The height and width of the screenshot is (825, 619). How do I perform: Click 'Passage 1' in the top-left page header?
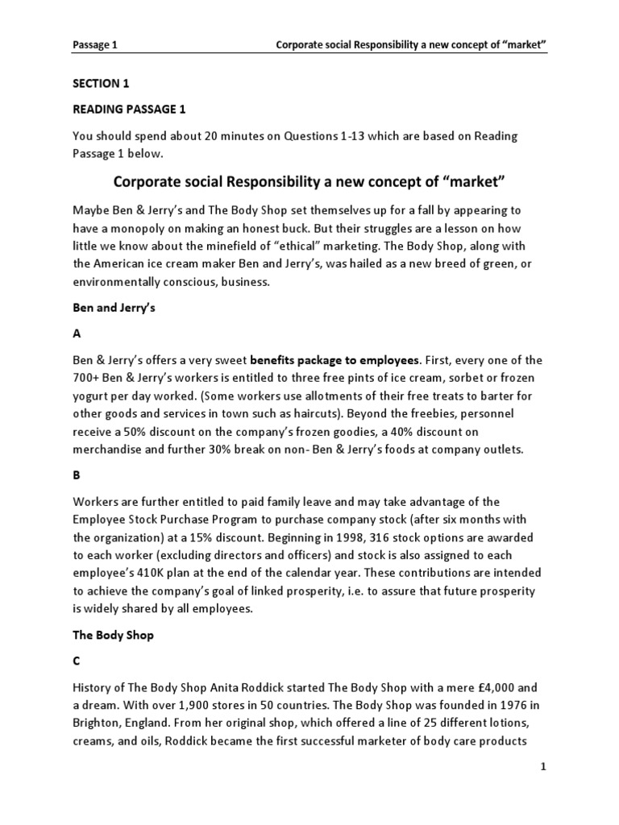click(x=95, y=46)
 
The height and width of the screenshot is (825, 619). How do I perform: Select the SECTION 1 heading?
click(x=101, y=83)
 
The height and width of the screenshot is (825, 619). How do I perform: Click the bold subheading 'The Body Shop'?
click(x=113, y=635)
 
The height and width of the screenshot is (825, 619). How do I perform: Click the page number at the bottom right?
click(x=544, y=768)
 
